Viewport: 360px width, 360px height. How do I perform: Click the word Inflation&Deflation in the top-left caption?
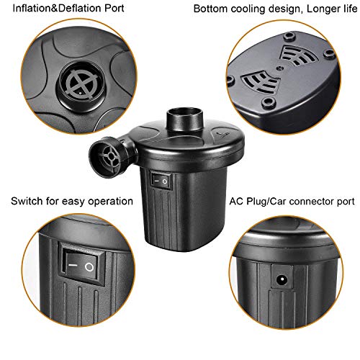[57, 8]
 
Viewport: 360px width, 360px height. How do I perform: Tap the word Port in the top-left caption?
[114, 9]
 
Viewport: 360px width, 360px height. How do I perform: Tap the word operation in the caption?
[111, 202]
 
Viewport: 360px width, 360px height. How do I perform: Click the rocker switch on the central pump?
[161, 181]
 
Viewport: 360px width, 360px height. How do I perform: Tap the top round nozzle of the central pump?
[184, 120]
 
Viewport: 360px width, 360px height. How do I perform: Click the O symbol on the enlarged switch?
[89, 267]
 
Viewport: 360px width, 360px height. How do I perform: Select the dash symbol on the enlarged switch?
[73, 265]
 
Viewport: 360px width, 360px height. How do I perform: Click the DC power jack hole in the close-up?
[282, 279]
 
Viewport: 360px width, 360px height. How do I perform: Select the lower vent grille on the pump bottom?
[261, 81]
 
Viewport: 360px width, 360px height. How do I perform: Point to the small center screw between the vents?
[279, 68]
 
